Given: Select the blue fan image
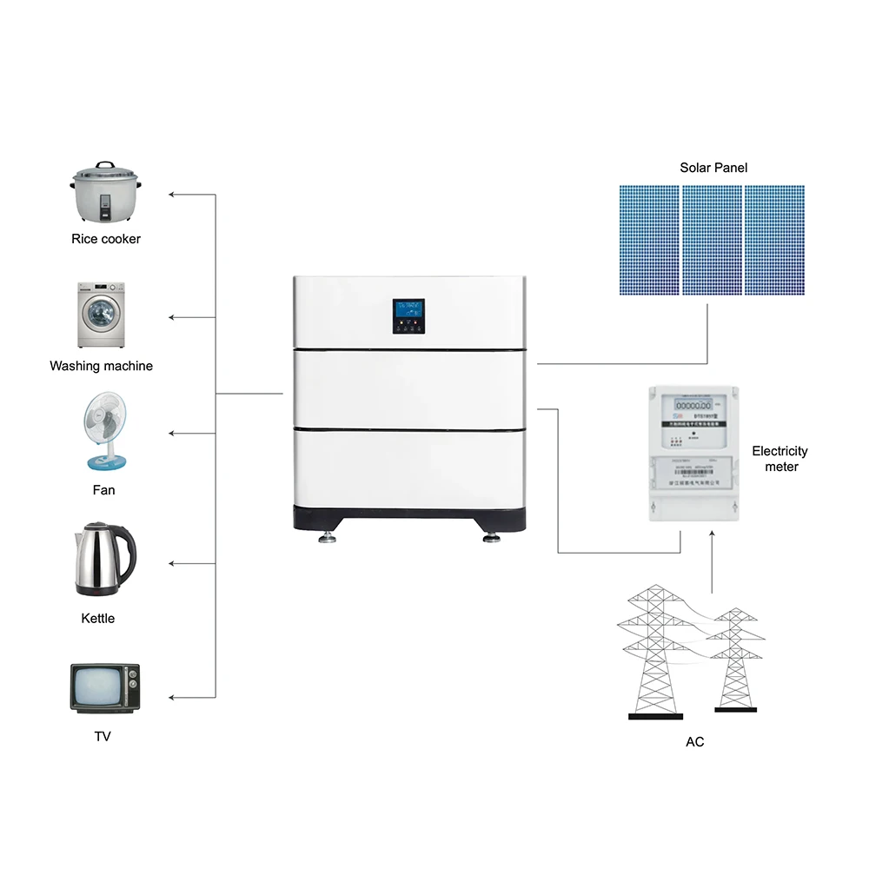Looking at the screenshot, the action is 103,431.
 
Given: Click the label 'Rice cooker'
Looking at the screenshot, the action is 106,239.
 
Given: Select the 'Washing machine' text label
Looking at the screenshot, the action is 101,366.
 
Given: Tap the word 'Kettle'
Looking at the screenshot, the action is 97,619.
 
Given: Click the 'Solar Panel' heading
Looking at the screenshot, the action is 713,167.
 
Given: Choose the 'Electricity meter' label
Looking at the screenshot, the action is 779,459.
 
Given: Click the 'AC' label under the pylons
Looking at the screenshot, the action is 694,741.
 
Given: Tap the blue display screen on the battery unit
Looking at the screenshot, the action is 408,311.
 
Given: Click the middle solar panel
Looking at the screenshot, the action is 712,240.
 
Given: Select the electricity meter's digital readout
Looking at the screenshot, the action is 693,406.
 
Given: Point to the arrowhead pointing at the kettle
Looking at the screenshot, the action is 172,564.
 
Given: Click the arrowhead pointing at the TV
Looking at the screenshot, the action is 172,697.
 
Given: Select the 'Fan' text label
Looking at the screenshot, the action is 103,490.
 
